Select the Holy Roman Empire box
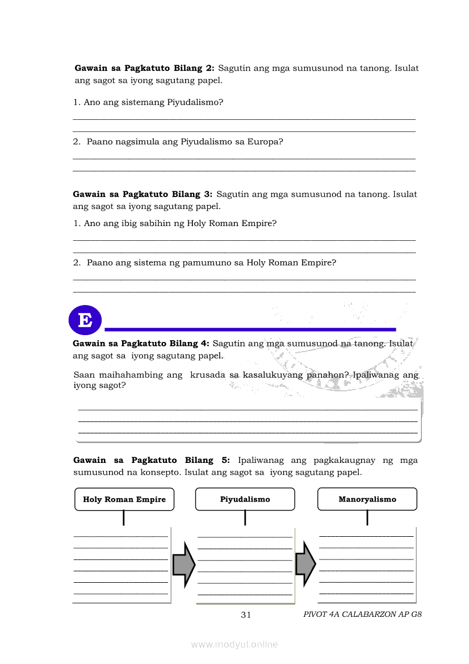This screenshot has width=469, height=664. [x=124, y=499]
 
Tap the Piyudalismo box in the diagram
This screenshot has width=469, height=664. [x=245, y=499]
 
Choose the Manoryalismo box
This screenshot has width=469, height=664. [x=367, y=499]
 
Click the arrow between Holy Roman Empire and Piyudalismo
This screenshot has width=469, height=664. [x=183, y=564]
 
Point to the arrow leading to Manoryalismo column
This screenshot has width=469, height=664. [x=305, y=564]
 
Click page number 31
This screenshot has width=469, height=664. [x=246, y=614]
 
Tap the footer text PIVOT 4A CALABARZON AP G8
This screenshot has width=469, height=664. [x=362, y=614]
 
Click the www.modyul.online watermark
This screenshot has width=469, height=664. [x=235, y=644]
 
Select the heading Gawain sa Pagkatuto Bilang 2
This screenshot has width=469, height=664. [x=144, y=68]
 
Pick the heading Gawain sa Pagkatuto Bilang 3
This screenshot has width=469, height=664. [x=143, y=194]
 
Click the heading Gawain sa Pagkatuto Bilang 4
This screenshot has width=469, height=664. [x=141, y=343]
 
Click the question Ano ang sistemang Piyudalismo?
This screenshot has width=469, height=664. [x=148, y=102]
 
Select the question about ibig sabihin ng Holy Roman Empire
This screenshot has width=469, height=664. [x=175, y=223]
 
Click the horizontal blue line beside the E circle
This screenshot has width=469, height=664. [x=250, y=329]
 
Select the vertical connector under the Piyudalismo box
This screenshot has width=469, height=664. [x=245, y=517]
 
